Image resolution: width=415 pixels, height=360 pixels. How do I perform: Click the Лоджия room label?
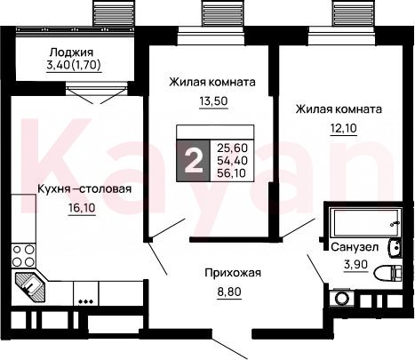(71, 52)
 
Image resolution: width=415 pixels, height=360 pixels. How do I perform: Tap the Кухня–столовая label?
(84, 188)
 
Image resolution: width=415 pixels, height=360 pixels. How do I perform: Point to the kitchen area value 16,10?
(82, 208)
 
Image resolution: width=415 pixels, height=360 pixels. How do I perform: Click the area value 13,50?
(213, 101)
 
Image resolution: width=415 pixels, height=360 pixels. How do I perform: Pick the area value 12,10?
(343, 128)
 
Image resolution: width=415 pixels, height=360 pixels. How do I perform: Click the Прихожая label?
(233, 273)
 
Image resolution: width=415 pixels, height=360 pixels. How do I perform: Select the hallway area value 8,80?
(229, 292)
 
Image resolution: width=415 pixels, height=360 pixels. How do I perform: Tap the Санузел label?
(355, 247)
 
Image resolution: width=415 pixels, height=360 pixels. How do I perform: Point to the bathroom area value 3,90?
(355, 263)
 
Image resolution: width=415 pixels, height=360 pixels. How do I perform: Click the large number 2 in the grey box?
(194, 161)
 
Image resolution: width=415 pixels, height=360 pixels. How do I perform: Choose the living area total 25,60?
(232, 148)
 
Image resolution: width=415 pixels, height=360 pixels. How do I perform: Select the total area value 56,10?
(231, 172)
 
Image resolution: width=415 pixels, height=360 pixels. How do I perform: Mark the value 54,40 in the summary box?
(232, 160)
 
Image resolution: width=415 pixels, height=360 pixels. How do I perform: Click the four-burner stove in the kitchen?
(23, 256)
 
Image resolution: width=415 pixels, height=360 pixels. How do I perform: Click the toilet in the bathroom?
(387, 273)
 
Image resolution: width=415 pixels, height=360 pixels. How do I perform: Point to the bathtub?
(365, 223)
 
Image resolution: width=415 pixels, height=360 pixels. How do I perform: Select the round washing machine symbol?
(343, 299)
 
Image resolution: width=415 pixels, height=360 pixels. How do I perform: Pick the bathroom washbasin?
(395, 247)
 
